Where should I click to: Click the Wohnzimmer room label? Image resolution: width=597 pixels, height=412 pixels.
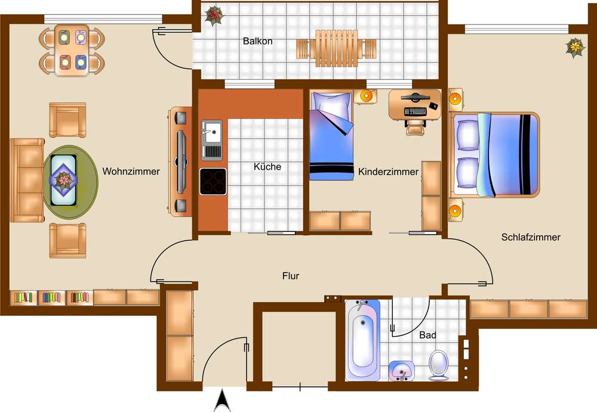tap(131, 171)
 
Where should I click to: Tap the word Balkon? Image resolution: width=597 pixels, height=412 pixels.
tap(258, 41)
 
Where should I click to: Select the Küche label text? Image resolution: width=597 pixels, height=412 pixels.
tap(267, 167)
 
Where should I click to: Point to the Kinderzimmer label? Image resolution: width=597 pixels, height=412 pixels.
tap(389, 172)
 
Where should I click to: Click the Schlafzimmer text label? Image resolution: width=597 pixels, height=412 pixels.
tap(531, 237)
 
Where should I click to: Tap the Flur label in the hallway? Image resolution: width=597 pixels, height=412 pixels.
tap(291, 276)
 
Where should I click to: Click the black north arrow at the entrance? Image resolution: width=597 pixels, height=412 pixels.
tap(222, 400)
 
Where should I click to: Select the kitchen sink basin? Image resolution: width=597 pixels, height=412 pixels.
tap(212, 132)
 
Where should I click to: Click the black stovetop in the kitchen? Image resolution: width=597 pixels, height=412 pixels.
tap(213, 182)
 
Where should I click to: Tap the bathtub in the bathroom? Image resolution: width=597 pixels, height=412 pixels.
tap(363, 340)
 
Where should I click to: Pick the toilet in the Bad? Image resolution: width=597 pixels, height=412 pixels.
tap(438, 365)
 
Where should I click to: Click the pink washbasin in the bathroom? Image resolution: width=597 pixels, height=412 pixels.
tap(401, 371)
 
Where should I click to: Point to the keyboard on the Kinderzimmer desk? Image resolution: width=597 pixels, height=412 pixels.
tap(415, 111)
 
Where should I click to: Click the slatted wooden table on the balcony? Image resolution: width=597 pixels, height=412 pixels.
tap(337, 48)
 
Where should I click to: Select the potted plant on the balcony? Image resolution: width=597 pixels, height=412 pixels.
tap(214, 16)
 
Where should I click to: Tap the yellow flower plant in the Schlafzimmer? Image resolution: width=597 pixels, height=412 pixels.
tap(576, 48)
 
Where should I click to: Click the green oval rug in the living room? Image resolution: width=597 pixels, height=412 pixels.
tap(70, 182)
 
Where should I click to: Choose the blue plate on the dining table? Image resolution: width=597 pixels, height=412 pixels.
tap(81, 62)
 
